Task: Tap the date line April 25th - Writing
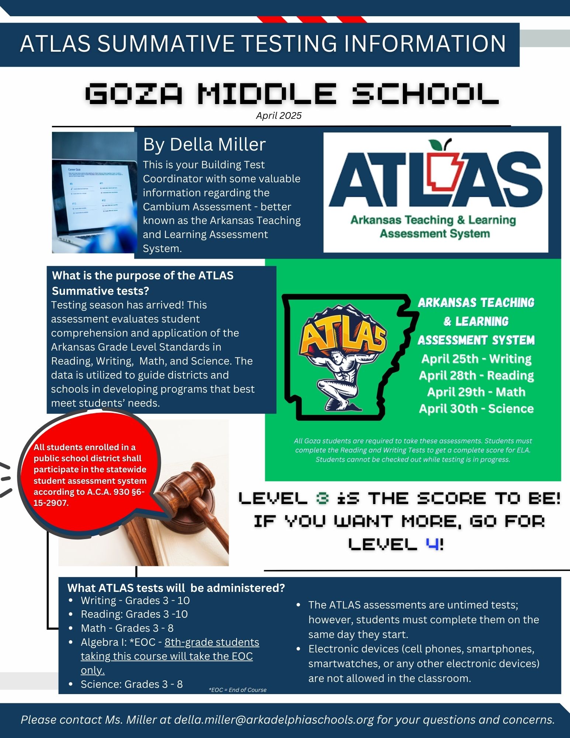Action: pos(476,359)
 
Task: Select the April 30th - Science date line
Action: pos(476,408)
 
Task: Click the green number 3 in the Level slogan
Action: pos(322,499)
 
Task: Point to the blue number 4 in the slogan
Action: pos(432,544)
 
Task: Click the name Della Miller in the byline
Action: pos(218,144)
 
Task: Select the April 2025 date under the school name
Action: pos(279,116)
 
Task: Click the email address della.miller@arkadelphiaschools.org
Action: pos(274,720)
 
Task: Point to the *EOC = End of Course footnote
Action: pos(238,690)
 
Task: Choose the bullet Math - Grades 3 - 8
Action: pos(127,628)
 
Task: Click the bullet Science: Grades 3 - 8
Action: pos(132,684)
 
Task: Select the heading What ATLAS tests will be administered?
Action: pos(176,588)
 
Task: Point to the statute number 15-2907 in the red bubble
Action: pos(51,503)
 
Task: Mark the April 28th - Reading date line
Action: pos(476,375)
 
